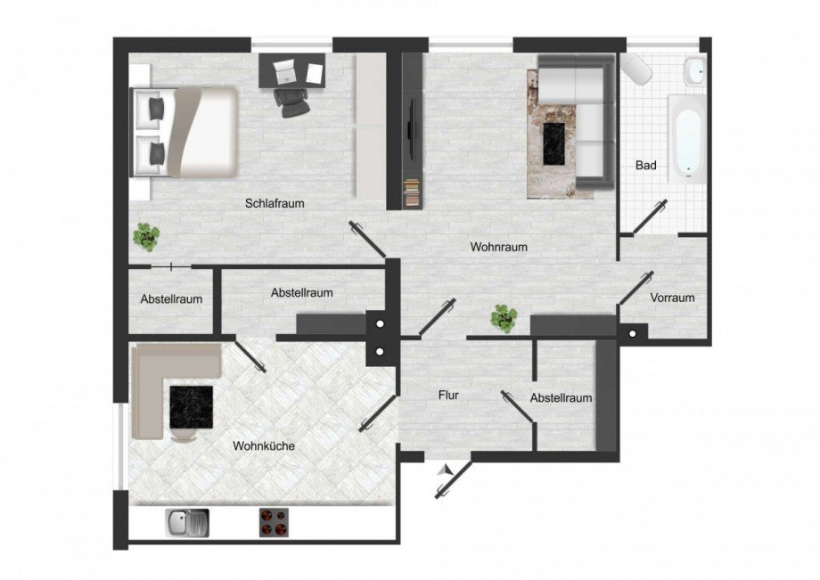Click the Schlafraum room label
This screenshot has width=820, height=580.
point(275,203)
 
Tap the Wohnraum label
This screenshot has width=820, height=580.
point(498,247)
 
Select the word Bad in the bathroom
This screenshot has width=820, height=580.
point(646,165)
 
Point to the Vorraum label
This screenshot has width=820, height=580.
point(672,298)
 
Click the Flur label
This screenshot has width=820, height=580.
point(448,395)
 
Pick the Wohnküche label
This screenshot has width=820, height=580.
point(264,445)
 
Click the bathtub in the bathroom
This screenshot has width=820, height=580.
point(687,139)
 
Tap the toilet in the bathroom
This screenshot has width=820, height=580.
point(636,68)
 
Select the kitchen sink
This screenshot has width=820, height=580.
point(186,522)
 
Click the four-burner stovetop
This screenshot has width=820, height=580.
point(274,522)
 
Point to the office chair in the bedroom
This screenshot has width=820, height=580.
point(291,102)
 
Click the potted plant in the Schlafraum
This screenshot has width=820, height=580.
point(146,237)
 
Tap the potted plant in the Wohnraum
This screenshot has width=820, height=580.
point(504,319)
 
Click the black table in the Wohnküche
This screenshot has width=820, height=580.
point(192,407)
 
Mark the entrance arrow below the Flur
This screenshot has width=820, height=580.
point(446,470)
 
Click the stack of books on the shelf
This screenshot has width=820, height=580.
point(412,192)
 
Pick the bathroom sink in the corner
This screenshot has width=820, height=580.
point(695,71)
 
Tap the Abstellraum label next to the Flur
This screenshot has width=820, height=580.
point(561,398)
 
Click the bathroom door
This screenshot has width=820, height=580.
point(650,216)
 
